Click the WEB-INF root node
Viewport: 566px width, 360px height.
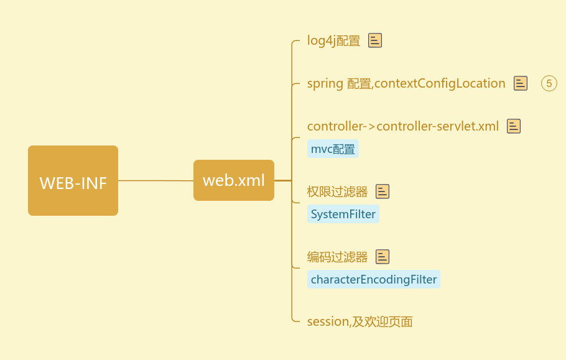pyautogui.click(x=73, y=181)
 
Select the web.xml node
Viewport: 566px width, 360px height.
pyautogui.click(x=233, y=180)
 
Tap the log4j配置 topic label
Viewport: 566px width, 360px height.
pyautogui.click(x=333, y=41)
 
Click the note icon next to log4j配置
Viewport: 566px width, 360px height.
pyautogui.click(x=375, y=40)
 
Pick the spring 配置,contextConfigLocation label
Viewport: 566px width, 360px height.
pyautogui.click(x=406, y=83)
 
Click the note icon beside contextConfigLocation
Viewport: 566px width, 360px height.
pyautogui.click(x=521, y=83)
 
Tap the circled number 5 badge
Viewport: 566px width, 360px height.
pyautogui.click(x=549, y=83)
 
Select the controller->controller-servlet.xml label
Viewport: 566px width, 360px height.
pyautogui.click(x=402, y=126)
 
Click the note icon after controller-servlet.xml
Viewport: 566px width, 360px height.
pyautogui.click(x=513, y=126)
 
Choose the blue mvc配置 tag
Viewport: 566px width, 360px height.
pyautogui.click(x=333, y=149)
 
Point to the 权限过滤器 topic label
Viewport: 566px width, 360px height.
pyautogui.click(x=337, y=192)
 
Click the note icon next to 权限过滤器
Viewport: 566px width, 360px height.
pyautogui.click(x=383, y=192)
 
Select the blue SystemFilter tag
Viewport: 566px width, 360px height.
pyautogui.click(x=343, y=215)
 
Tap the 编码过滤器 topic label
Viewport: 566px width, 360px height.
pyautogui.click(x=337, y=257)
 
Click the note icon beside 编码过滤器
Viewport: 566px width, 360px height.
pyautogui.click(x=383, y=257)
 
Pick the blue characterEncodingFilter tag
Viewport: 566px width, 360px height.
pyautogui.click(x=373, y=279)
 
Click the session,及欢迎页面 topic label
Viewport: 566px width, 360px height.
pyautogui.click(x=360, y=321)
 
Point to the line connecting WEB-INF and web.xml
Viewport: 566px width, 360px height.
pyautogui.click(x=155, y=180)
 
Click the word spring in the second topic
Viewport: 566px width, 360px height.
pyautogui.click(x=325, y=83)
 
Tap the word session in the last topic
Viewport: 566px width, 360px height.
pyautogui.click(x=328, y=321)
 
